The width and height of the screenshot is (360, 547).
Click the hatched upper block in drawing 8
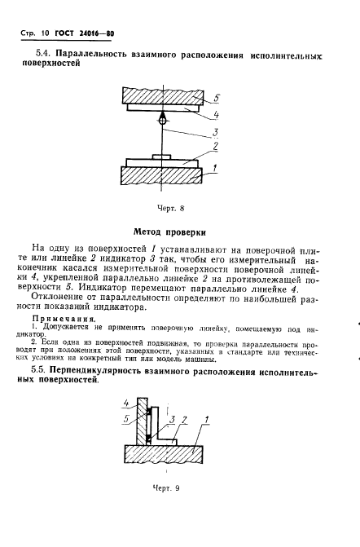tap(163, 97)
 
